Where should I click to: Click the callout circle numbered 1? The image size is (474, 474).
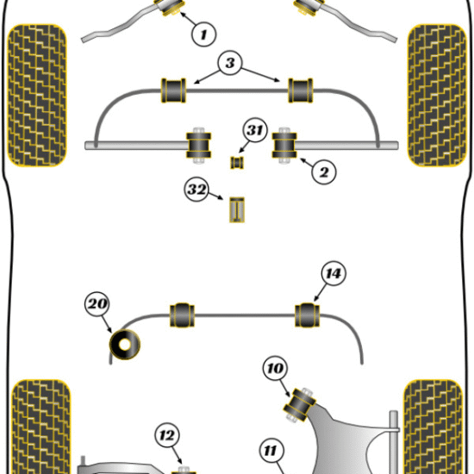point(204,34)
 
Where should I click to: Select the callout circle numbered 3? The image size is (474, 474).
point(230,63)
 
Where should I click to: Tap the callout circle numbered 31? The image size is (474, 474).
point(255,130)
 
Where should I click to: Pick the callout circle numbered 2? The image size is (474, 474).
point(324,172)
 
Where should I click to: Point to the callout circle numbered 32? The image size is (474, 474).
point(196,190)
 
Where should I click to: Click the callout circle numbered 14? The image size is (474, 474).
point(334,273)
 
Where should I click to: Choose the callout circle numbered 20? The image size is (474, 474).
point(97,304)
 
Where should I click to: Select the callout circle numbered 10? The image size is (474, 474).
point(276,368)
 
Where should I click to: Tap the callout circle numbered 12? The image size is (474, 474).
point(167,435)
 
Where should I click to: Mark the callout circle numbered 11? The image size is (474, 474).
point(271,451)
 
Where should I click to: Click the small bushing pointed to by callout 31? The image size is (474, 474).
point(237,163)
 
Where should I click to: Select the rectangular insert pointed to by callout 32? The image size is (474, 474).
point(237,209)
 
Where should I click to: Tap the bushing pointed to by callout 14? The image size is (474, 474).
point(307,315)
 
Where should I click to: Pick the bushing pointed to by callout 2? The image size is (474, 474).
point(284,146)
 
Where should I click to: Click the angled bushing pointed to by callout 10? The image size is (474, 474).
point(299,404)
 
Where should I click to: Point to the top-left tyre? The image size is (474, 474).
point(37,96)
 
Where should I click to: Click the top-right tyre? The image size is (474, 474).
point(437,96)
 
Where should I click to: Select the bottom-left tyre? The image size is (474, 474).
point(41,427)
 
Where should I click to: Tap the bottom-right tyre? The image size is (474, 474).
point(433,427)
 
